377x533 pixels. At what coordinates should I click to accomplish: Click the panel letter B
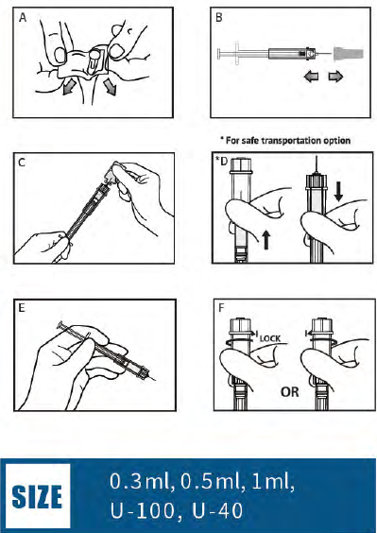[x=219, y=15]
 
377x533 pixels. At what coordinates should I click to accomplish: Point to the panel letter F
[x=219, y=309]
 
